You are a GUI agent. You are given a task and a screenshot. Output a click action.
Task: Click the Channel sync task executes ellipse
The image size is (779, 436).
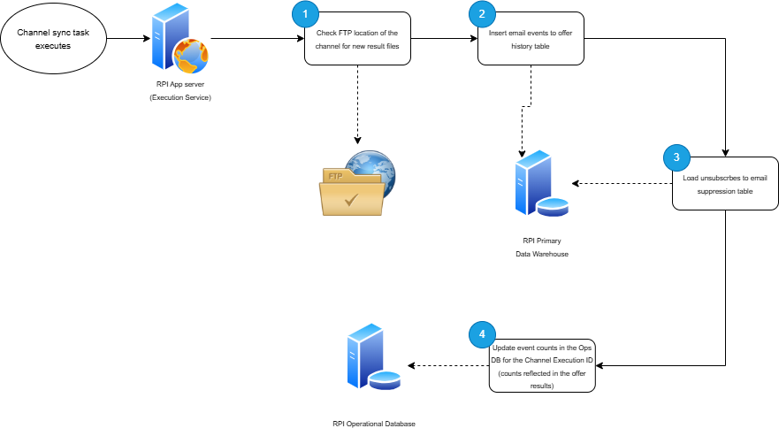(x=53, y=39)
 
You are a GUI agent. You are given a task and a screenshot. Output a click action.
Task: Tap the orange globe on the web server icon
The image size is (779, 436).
(x=190, y=57)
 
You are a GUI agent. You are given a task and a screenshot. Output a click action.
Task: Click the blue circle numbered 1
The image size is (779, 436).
(x=305, y=13)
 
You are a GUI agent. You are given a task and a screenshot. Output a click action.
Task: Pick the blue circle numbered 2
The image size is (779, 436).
(x=482, y=13)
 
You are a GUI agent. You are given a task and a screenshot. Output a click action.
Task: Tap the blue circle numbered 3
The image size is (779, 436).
(x=676, y=158)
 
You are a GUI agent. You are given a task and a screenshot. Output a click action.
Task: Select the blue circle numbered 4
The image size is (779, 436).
(x=482, y=334)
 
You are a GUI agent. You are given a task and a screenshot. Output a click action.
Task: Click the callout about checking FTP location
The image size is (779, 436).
(x=357, y=39)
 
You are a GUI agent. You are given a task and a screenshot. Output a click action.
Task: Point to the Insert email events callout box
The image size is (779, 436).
(x=531, y=39)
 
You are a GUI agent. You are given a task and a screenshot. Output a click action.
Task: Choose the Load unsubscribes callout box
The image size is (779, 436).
(x=724, y=184)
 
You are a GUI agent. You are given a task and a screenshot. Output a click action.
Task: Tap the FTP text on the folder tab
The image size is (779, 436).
(x=335, y=176)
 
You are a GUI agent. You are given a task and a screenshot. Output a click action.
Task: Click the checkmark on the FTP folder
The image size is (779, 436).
(x=352, y=199)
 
